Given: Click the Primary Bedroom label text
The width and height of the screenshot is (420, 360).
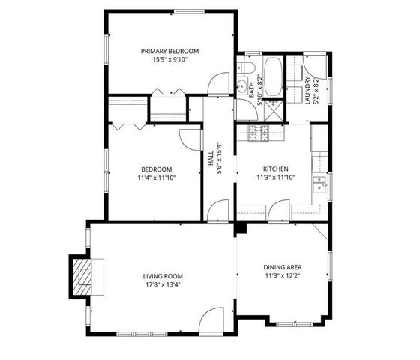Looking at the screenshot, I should (170, 51).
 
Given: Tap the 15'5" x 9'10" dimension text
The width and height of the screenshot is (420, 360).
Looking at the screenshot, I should (170, 60).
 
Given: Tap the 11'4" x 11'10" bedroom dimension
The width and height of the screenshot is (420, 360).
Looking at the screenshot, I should (156, 178).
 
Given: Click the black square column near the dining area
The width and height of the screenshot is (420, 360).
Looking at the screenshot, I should (241, 228).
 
